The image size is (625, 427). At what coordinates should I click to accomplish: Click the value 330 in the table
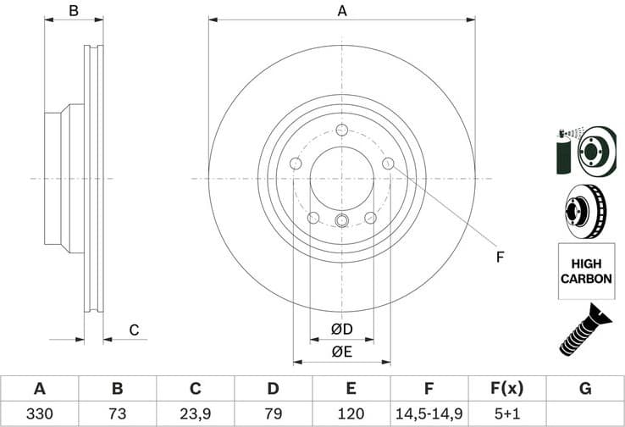[x=40, y=414]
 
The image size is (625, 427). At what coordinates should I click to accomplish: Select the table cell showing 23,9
[x=195, y=414]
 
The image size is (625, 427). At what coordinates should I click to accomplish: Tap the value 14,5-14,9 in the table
[x=429, y=414]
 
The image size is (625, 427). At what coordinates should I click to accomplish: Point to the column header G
[x=584, y=389]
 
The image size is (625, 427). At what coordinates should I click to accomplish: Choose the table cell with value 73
[x=118, y=414]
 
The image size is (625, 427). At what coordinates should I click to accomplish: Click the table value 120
[x=351, y=414]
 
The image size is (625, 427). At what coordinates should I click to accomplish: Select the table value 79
[x=273, y=414]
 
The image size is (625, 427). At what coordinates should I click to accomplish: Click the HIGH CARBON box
[x=585, y=271]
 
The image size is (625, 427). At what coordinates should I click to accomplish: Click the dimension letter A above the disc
[x=342, y=11]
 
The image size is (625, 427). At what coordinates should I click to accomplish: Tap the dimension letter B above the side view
[x=74, y=11]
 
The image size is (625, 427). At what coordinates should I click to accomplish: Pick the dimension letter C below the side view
[x=133, y=330]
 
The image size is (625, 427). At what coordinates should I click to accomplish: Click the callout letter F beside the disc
[x=500, y=257]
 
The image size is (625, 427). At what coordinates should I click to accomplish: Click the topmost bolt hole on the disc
[x=341, y=130]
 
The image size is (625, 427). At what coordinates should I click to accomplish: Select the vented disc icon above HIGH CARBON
[x=584, y=211]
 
